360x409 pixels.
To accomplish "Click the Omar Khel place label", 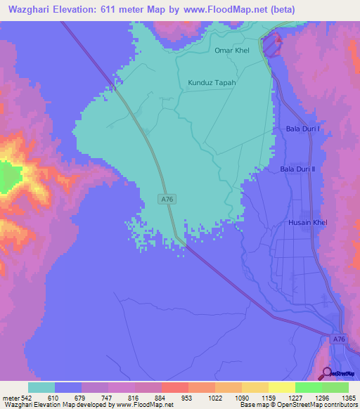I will click(233, 51).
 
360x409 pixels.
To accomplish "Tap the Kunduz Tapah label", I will click(212, 82).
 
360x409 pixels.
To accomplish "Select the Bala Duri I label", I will click(303, 129).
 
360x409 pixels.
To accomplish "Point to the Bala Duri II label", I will click(299, 169).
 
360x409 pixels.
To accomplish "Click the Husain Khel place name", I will click(308, 223).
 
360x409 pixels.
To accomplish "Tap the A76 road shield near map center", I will click(167, 200).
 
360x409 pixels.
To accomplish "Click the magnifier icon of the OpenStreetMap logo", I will click(326, 373).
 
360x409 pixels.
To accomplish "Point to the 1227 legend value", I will click(281, 398).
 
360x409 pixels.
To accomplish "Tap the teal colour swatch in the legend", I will click(41, 387).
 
